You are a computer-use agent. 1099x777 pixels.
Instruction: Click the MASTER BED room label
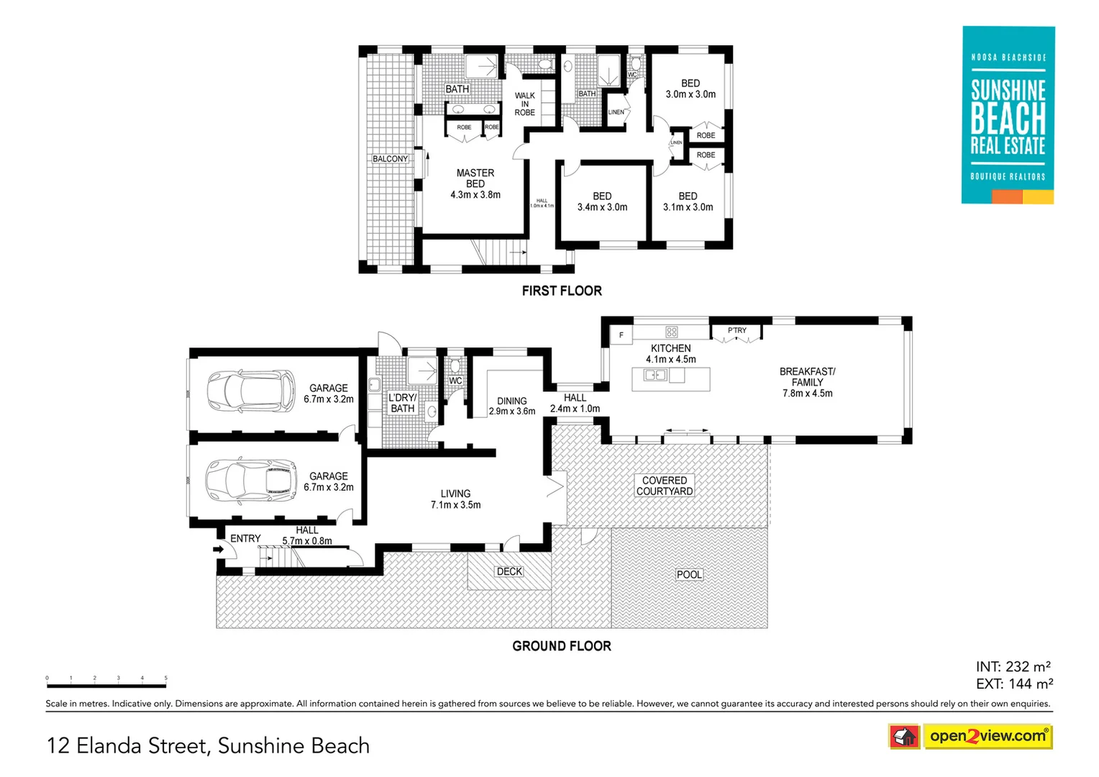475,178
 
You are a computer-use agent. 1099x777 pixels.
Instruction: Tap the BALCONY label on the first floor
390,159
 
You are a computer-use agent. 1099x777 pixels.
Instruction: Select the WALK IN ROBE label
524,104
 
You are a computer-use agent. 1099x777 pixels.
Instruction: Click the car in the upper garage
251,391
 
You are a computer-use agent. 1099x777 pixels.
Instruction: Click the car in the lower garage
251,481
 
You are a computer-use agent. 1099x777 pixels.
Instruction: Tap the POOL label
689,575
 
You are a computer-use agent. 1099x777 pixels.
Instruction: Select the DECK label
509,572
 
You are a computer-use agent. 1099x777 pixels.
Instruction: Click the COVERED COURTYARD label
665,486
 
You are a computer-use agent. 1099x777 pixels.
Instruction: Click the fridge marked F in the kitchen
621,335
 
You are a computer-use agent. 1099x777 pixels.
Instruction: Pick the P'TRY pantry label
737,331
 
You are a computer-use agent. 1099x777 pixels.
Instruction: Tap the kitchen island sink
655,376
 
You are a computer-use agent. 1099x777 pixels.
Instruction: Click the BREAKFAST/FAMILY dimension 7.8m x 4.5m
807,394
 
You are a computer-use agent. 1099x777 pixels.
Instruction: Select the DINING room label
511,401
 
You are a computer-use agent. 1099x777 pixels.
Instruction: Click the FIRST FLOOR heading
562,291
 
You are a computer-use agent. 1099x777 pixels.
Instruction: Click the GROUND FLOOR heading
562,646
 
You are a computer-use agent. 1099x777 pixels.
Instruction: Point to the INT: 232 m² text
1013,667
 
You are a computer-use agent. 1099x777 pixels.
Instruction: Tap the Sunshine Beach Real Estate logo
1008,115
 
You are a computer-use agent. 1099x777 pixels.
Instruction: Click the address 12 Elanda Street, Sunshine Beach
208,746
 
